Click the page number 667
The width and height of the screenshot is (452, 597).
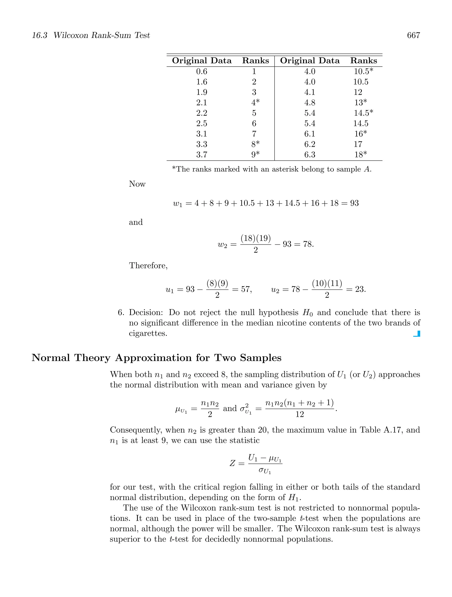click(x=413, y=35)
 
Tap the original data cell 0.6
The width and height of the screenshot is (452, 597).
click(x=202, y=71)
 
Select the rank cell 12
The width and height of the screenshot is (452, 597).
click(x=358, y=92)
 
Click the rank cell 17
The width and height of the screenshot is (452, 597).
click(x=358, y=144)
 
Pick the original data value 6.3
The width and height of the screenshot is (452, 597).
click(x=309, y=155)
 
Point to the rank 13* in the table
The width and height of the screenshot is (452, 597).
click(x=360, y=103)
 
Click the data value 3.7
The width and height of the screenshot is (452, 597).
click(x=202, y=155)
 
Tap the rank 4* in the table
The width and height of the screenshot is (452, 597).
click(x=255, y=103)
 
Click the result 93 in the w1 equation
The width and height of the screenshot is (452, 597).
click(x=354, y=203)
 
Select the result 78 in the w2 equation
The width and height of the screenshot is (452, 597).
click(x=307, y=244)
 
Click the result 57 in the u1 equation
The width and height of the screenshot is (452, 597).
click(x=245, y=289)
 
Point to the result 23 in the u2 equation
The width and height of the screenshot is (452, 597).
click(x=359, y=289)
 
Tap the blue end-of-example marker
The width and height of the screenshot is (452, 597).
click(x=417, y=334)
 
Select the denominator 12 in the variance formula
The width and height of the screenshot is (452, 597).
click(x=299, y=414)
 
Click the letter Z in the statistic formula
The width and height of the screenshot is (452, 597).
click(x=232, y=463)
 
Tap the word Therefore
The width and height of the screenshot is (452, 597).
click(x=148, y=266)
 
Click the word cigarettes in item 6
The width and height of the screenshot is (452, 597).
click(x=148, y=334)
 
